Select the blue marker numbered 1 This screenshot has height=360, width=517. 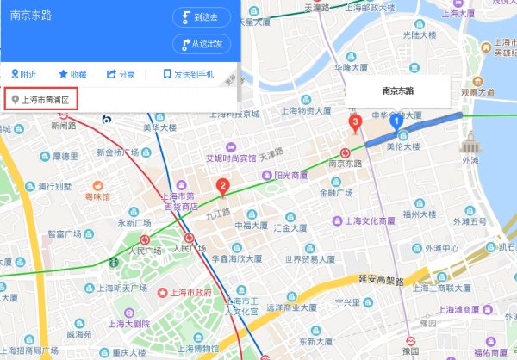(397, 122)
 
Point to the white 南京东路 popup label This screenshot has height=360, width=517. (398, 90)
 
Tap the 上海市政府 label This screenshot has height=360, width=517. (190, 293)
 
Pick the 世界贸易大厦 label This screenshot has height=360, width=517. (315, 258)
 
